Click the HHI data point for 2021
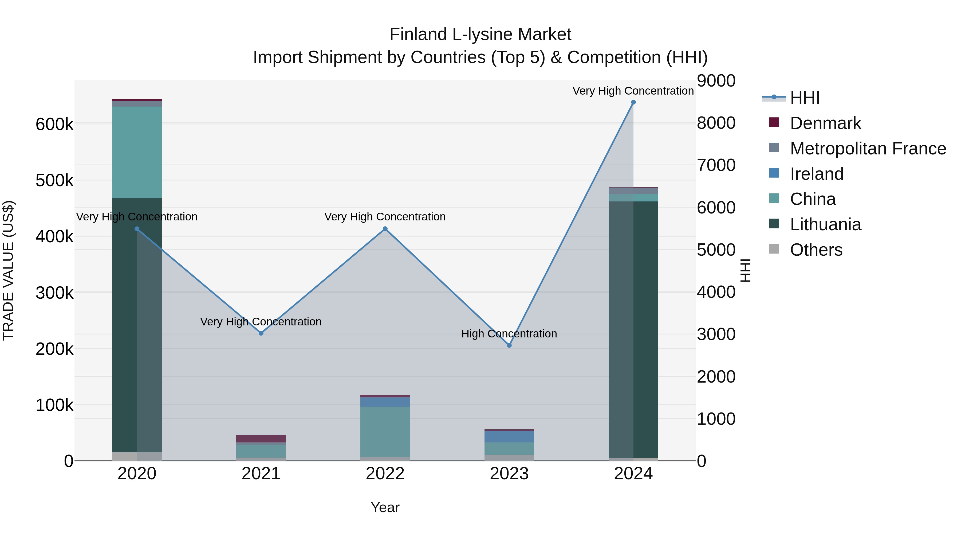(x=261, y=333)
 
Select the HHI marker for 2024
(x=633, y=102)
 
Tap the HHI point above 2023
(x=509, y=345)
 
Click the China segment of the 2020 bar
(x=137, y=152)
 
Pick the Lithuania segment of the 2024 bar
(x=633, y=329)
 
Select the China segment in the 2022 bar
(x=385, y=431)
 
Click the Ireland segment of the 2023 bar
(x=509, y=437)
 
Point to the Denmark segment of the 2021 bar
(x=261, y=439)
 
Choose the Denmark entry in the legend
(x=825, y=123)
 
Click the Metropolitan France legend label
(x=868, y=149)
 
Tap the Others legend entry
(x=816, y=250)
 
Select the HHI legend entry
(x=805, y=98)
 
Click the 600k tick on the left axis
(x=54, y=124)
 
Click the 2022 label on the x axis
(x=385, y=474)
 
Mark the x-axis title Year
(x=385, y=507)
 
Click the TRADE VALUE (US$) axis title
(x=8, y=270)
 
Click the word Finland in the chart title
(x=418, y=34)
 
